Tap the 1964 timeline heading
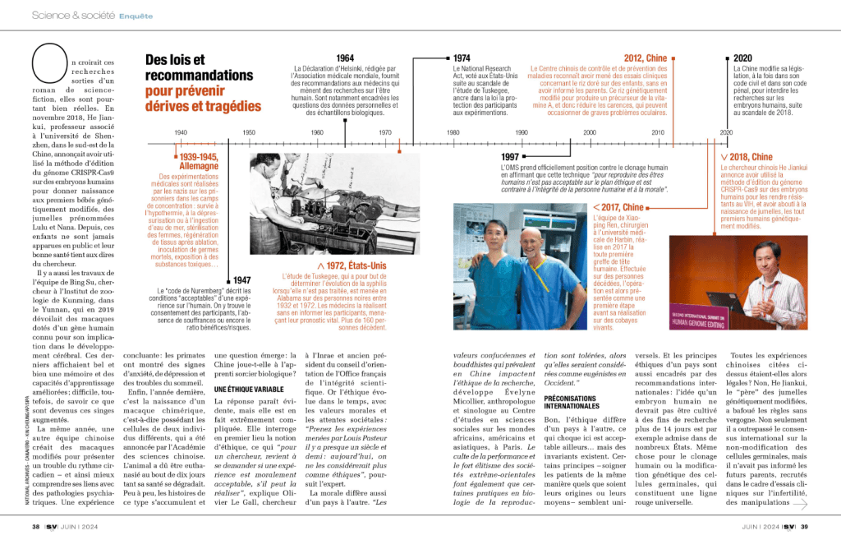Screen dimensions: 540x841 coord(345,58)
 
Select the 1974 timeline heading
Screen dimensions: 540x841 coord(462,58)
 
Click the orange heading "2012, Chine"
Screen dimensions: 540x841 coord(645,58)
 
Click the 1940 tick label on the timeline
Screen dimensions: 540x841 coord(181,132)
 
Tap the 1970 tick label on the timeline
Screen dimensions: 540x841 coord(385,132)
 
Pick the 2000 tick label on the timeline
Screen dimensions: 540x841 coord(590,132)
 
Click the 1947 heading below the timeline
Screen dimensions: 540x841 coord(241,280)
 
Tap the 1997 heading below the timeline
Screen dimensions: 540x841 coord(510,156)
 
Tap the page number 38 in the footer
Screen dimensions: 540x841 coord(35,526)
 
